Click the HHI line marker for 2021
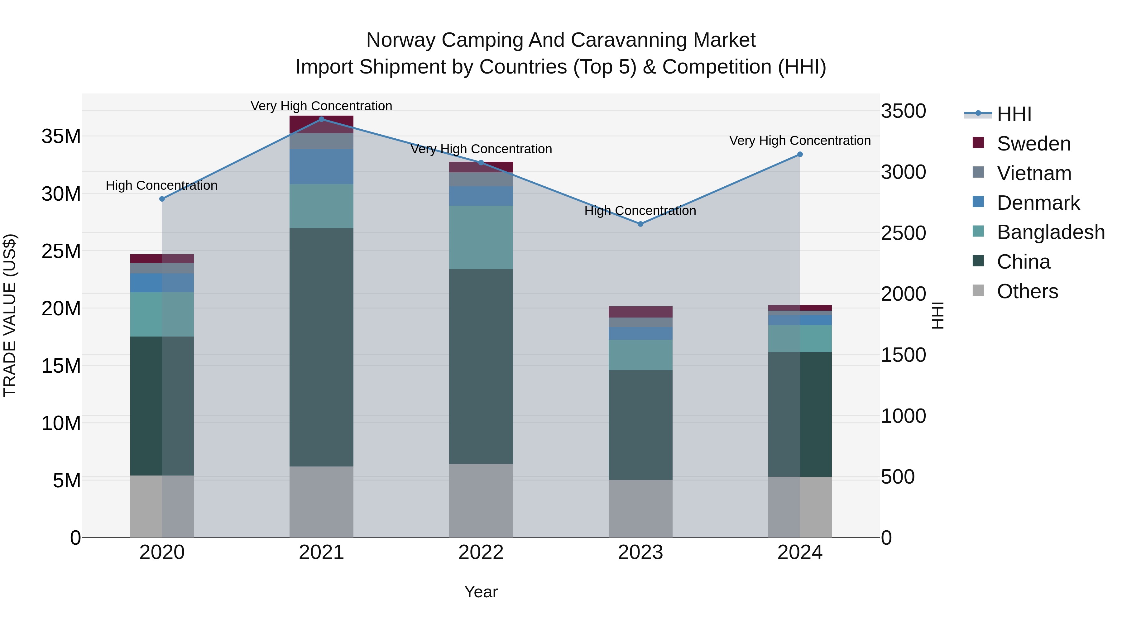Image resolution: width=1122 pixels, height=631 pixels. click(321, 119)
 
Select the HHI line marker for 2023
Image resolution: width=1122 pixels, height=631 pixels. click(640, 224)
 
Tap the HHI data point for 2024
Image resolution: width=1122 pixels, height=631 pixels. click(800, 155)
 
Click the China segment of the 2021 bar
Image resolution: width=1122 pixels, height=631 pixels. click(321, 347)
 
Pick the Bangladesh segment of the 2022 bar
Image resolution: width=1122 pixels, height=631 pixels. click(481, 237)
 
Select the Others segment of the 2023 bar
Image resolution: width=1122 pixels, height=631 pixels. click(640, 508)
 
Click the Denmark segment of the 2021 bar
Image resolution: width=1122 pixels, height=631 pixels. click(321, 166)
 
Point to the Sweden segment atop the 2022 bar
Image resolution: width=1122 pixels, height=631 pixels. click(481, 167)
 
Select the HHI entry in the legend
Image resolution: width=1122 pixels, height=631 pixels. click(1014, 114)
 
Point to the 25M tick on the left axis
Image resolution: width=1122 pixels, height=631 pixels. click(61, 251)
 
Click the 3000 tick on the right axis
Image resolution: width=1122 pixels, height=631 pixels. click(903, 172)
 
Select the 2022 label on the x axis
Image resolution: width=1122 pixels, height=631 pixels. click(481, 552)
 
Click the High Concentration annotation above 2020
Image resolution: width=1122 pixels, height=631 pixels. click(161, 185)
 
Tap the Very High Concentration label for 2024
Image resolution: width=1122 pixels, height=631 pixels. click(800, 141)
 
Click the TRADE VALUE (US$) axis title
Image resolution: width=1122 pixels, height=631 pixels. click(10, 315)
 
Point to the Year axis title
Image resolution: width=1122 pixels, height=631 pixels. click(481, 592)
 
